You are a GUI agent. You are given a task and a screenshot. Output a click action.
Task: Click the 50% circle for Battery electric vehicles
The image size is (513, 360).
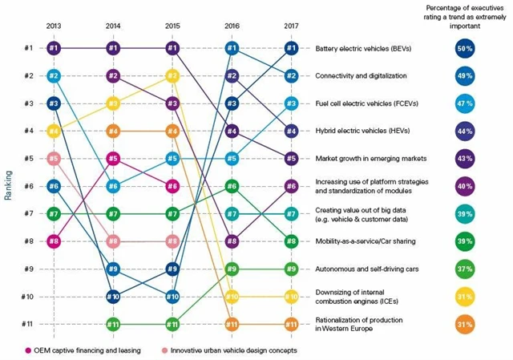[x=464, y=48]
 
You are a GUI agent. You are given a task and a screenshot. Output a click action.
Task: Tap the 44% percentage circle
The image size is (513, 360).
[x=464, y=131]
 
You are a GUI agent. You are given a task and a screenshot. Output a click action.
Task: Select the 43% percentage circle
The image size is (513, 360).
[x=464, y=159]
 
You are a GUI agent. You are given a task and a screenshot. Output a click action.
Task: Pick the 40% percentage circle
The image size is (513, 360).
[x=464, y=186]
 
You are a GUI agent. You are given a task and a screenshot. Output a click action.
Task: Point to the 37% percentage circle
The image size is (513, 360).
[x=464, y=269]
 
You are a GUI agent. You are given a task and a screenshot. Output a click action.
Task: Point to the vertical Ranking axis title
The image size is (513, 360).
[x=7, y=186]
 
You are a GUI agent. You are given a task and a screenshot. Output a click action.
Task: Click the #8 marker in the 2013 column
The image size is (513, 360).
[x=54, y=241]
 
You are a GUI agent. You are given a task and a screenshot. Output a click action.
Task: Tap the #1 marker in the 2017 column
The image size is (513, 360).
[x=291, y=48]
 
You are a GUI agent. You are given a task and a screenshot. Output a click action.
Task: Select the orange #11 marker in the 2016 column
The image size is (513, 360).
[x=232, y=324]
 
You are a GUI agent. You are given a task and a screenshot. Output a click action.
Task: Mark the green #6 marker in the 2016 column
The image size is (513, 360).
[x=232, y=186]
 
